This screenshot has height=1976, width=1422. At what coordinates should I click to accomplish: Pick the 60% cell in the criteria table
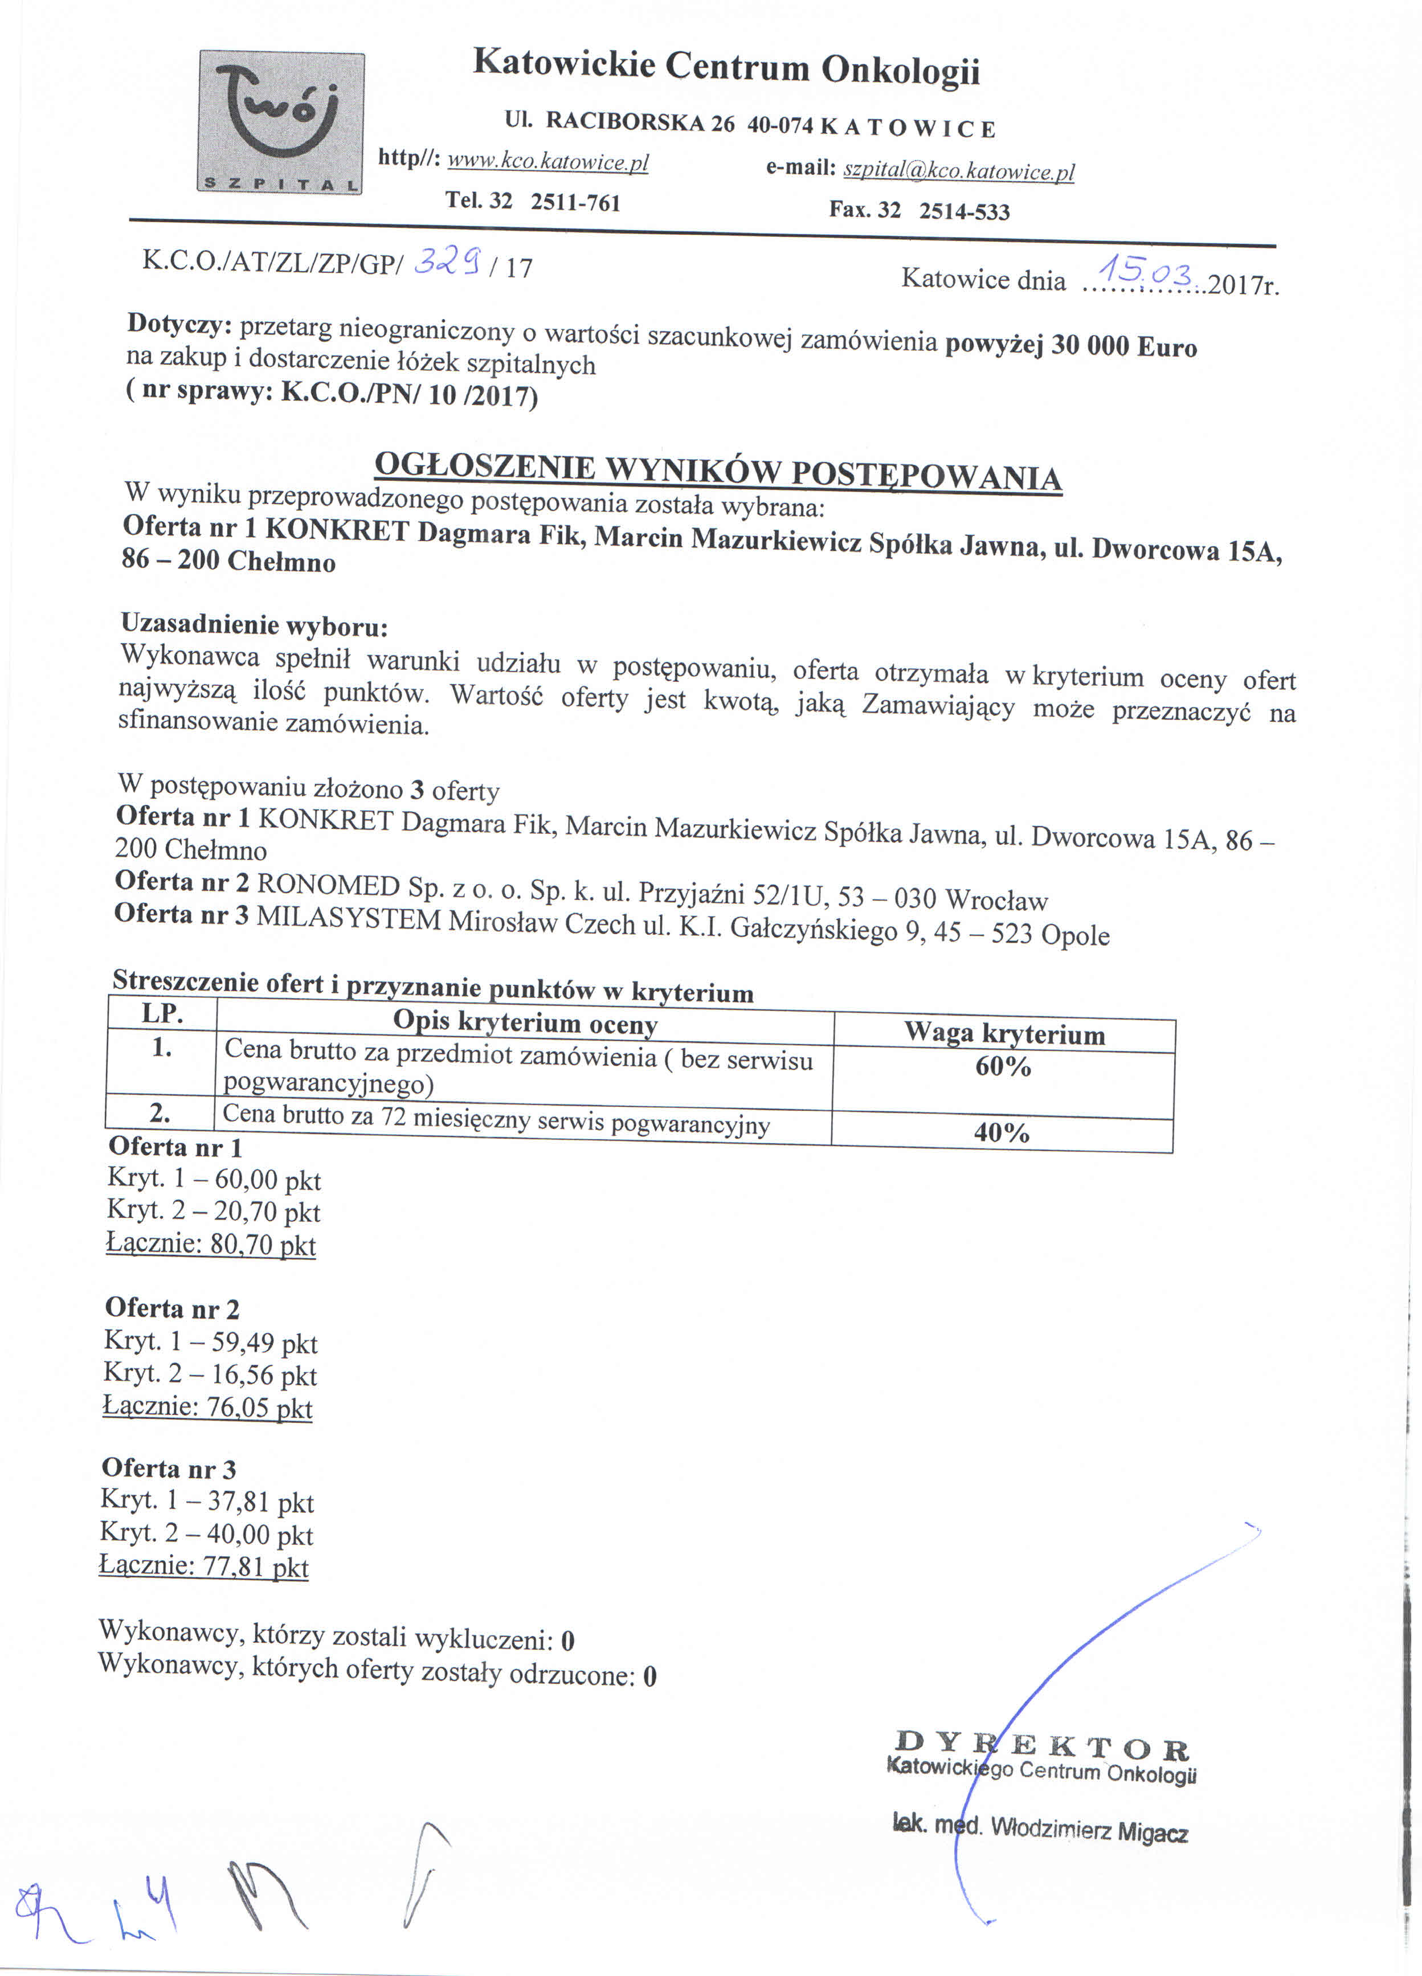point(1003,1067)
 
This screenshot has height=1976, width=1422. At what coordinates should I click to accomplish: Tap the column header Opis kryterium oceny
point(525,1022)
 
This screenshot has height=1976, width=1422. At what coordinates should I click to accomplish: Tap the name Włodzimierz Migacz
point(1089,1830)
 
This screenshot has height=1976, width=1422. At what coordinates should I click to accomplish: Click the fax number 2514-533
point(964,212)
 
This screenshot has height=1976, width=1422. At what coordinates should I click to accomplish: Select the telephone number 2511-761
point(575,202)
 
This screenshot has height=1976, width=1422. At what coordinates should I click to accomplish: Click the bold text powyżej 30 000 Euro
point(1071,345)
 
